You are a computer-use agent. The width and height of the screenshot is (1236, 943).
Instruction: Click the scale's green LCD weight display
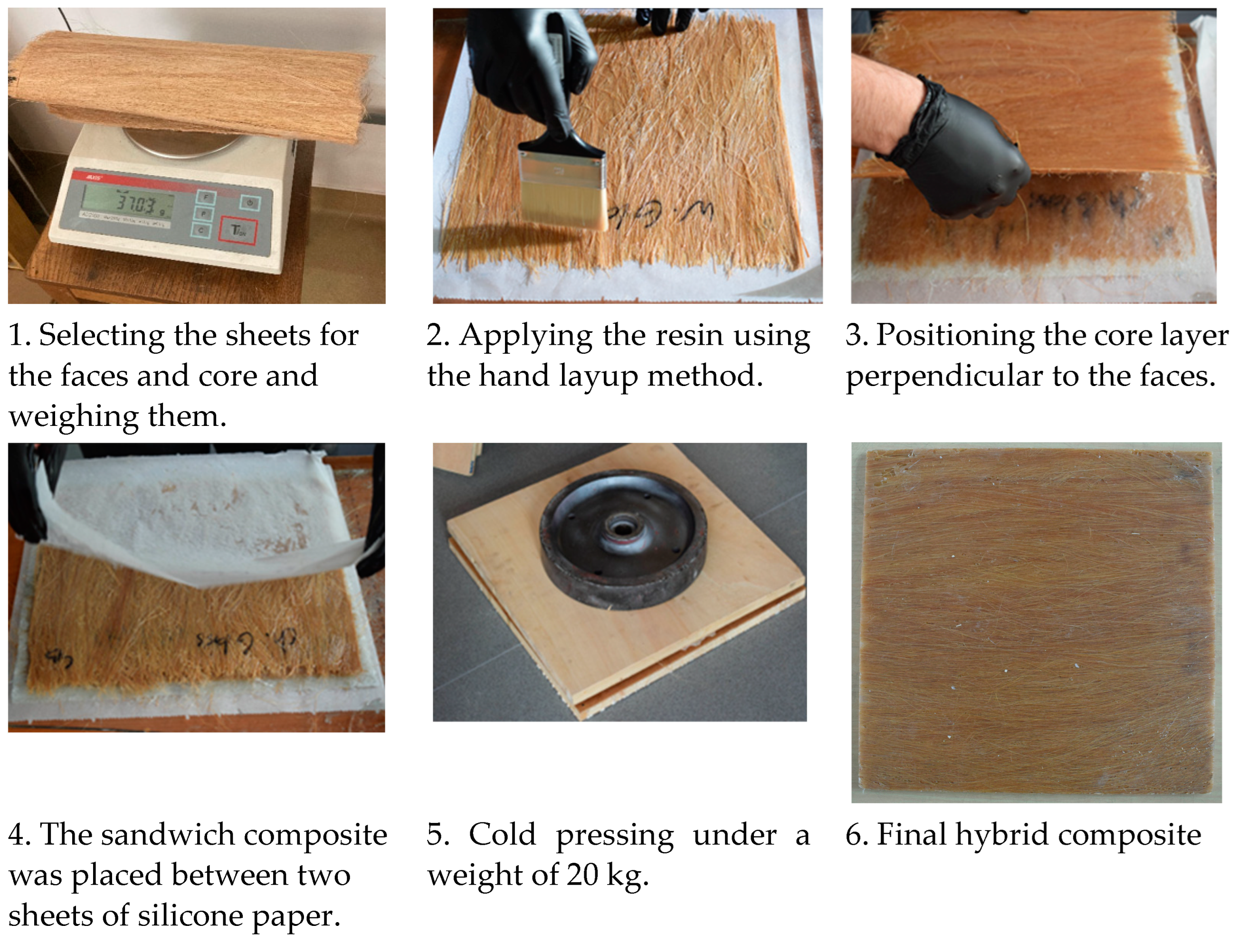(128, 201)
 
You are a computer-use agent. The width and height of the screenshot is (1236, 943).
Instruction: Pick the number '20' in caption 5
(582, 875)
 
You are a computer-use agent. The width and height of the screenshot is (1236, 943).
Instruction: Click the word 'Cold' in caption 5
(502, 835)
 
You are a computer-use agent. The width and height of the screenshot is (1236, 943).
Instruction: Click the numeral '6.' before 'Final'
(857, 835)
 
